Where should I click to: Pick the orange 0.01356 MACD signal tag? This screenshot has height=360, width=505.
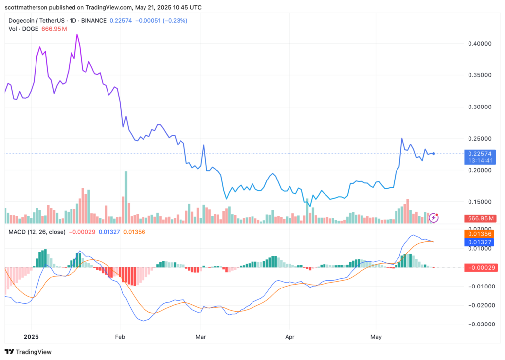pyautogui.click(x=480, y=234)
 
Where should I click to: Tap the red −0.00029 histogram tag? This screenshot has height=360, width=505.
pyautogui.click(x=480, y=267)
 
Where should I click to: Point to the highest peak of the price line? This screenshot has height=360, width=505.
pyautogui.click(x=77, y=35)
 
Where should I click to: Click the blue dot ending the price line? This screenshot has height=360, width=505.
pyautogui.click(x=433, y=154)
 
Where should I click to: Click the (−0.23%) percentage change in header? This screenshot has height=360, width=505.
pyautogui.click(x=173, y=20)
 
